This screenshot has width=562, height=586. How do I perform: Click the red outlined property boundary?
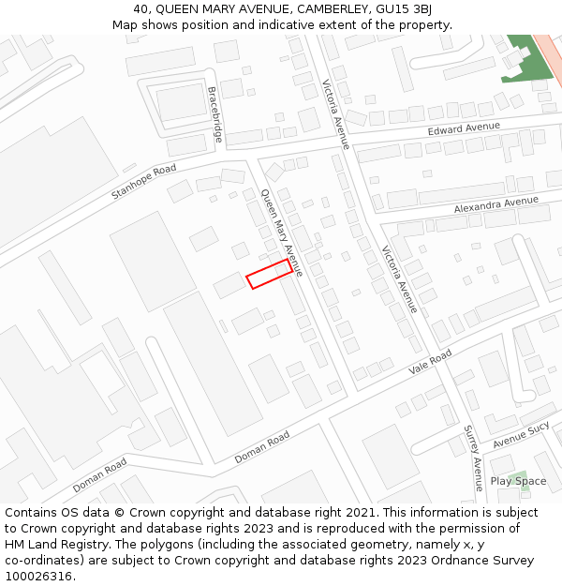(x=269, y=274)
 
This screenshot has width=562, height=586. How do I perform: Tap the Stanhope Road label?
(x=143, y=182)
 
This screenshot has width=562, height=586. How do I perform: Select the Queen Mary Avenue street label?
(x=281, y=233)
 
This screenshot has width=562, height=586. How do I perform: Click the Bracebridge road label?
(x=215, y=114)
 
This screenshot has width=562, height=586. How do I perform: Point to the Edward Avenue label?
(x=464, y=128)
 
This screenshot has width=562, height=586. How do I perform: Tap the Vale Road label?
(x=430, y=362)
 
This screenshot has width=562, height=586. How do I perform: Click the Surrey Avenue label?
(x=473, y=451)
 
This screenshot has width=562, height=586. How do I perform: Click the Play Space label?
(x=518, y=482)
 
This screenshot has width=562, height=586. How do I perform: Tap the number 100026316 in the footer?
(x=37, y=577)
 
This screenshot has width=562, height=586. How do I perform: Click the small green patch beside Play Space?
(x=524, y=474)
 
